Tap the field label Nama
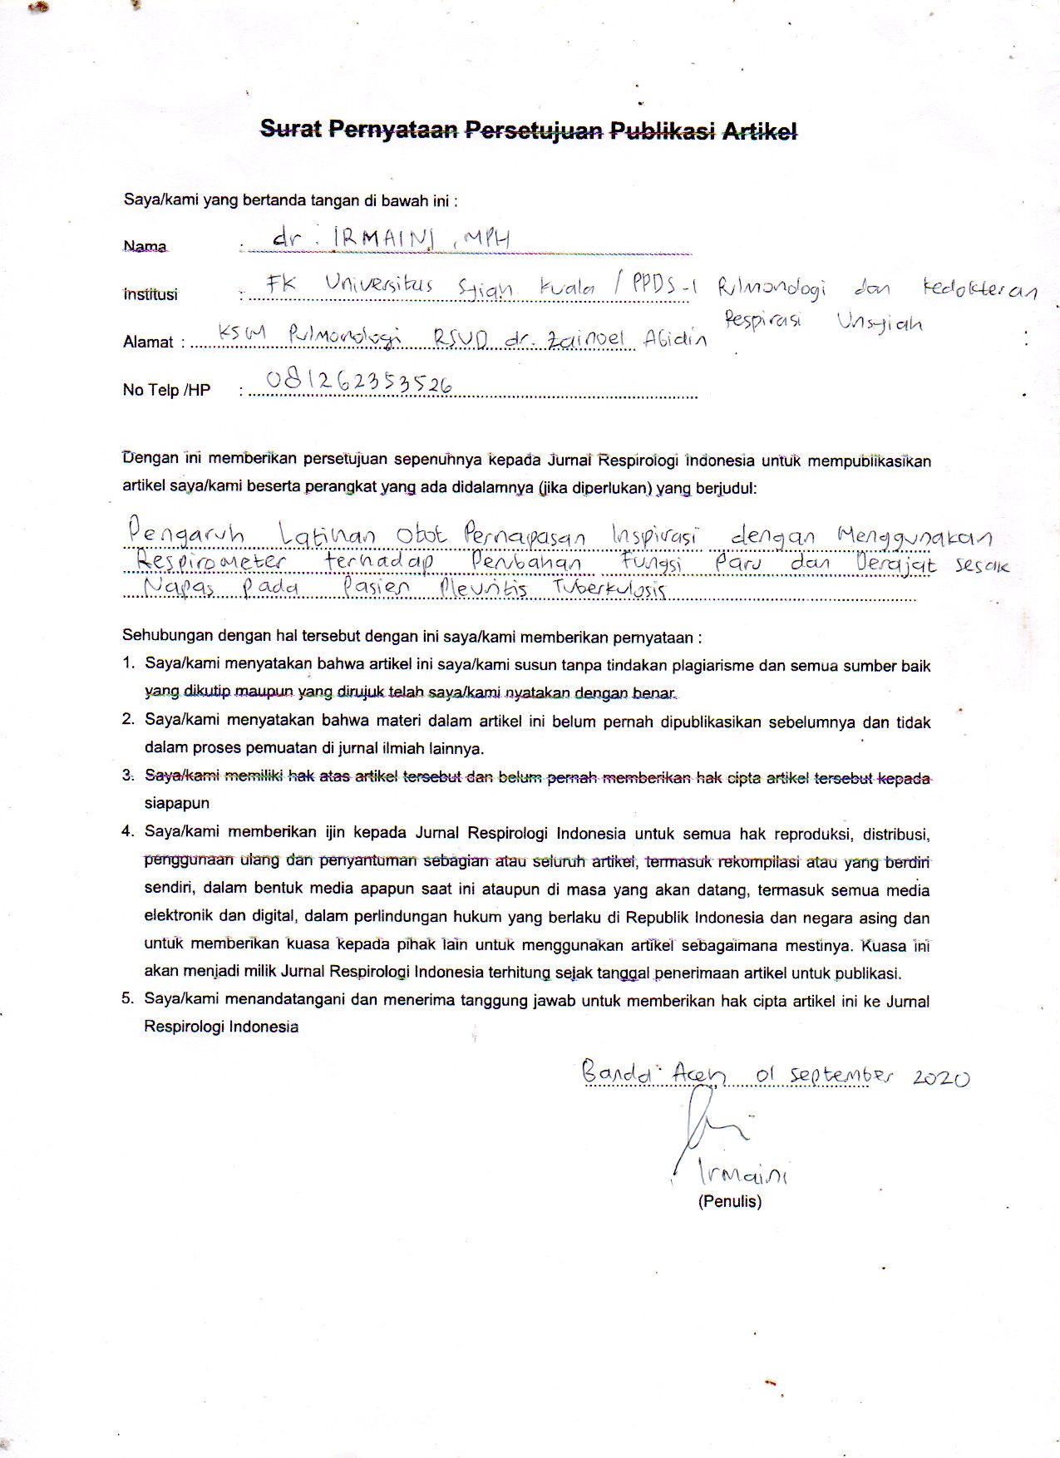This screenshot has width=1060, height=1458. (145, 247)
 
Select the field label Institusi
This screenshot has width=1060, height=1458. (150, 294)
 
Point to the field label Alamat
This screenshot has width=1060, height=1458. (148, 342)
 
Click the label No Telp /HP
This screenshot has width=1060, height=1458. (166, 390)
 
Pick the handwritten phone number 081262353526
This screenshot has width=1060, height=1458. (359, 382)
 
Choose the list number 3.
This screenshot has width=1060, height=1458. (128, 776)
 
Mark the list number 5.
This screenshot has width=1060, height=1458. (128, 999)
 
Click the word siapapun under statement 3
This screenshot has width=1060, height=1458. (176, 804)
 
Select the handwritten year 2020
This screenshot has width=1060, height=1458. (940, 1077)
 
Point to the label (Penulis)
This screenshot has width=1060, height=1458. (730, 1201)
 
